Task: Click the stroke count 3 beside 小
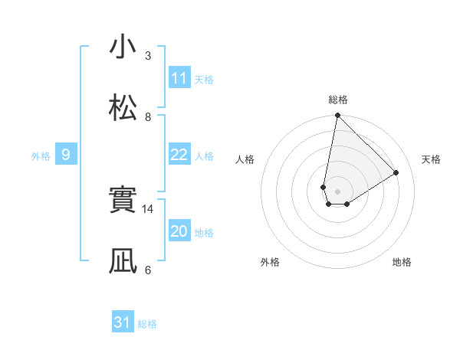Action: (148, 55)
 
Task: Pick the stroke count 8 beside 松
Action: (148, 116)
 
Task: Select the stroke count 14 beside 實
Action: (149, 208)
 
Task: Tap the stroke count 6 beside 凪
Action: (148, 270)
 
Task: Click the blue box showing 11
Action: (179, 78)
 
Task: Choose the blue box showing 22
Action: (179, 155)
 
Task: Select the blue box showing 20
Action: (179, 231)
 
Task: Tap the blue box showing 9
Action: (66, 155)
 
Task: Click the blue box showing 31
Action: (123, 323)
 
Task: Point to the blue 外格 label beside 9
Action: (41, 155)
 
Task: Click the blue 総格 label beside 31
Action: (148, 324)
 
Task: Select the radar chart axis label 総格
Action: (338, 100)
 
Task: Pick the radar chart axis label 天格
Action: (432, 159)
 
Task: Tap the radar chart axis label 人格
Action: (245, 159)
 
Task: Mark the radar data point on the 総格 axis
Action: (337, 116)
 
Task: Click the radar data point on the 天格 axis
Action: (396, 173)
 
